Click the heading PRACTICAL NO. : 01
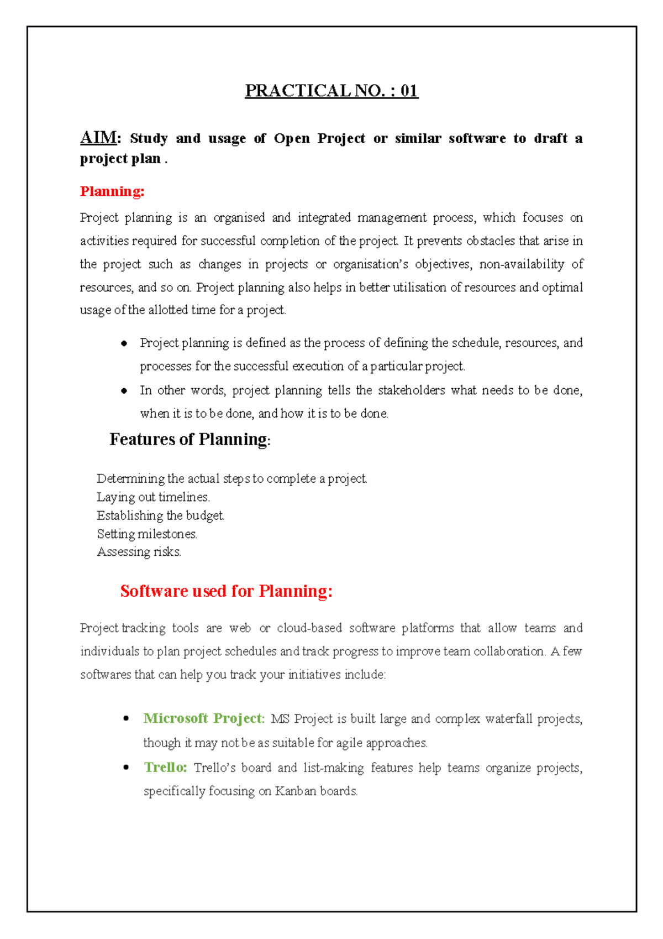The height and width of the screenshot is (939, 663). pyautogui.click(x=331, y=91)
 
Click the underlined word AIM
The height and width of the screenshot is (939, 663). pyautogui.click(x=98, y=137)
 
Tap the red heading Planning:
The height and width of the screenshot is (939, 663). pyautogui.click(x=112, y=191)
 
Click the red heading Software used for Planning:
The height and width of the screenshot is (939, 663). pyautogui.click(x=227, y=591)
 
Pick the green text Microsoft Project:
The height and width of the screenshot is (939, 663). pyautogui.click(x=204, y=718)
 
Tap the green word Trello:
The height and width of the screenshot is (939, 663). pyautogui.click(x=165, y=768)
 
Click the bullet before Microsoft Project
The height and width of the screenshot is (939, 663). pyautogui.click(x=126, y=719)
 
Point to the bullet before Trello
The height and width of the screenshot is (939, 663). pyautogui.click(x=126, y=768)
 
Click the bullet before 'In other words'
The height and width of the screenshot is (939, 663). pyautogui.click(x=124, y=391)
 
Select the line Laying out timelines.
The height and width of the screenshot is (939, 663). pyautogui.click(x=153, y=497)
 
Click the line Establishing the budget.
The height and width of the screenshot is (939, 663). pyautogui.click(x=160, y=515)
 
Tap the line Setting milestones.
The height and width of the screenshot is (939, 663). pyautogui.click(x=147, y=534)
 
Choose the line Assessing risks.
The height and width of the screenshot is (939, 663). pyautogui.click(x=139, y=552)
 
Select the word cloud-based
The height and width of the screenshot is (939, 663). pyautogui.click(x=309, y=628)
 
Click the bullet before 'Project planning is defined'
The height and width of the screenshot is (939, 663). pyautogui.click(x=124, y=343)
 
